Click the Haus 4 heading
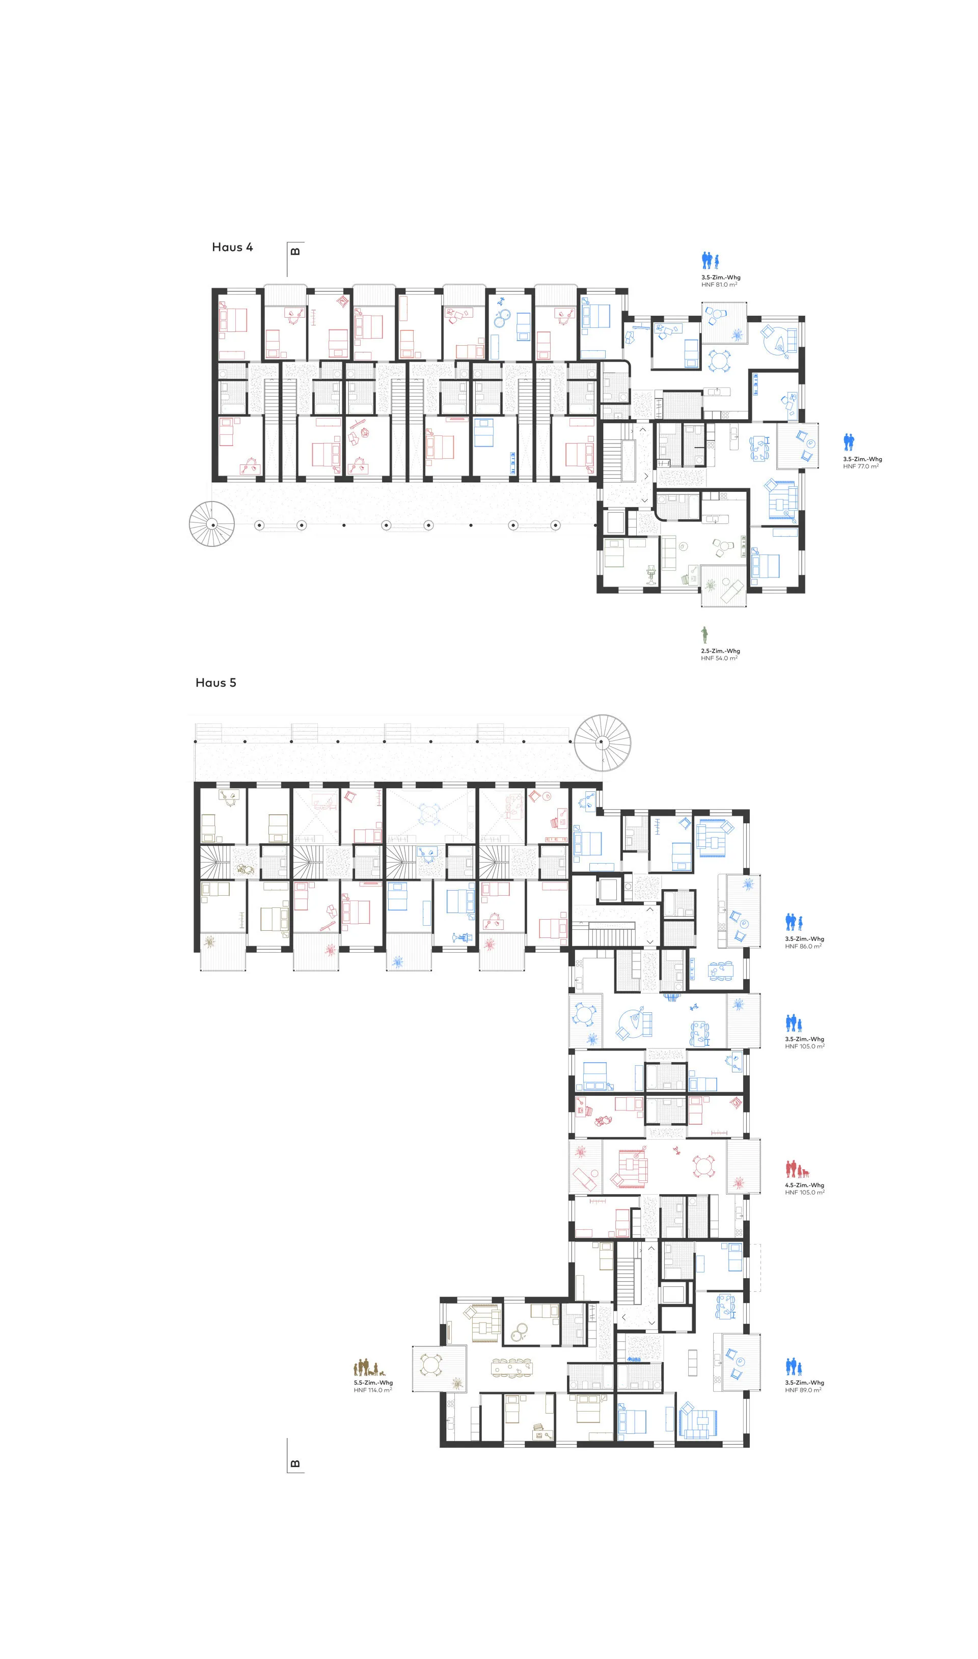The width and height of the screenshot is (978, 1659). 232,247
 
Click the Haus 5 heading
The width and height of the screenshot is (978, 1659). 215,682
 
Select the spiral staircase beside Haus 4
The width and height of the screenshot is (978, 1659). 211,524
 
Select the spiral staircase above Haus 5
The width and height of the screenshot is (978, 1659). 602,742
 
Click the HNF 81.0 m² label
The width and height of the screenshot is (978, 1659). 719,285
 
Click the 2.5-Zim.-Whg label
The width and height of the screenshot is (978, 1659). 720,651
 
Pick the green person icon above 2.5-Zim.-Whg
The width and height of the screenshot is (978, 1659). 705,635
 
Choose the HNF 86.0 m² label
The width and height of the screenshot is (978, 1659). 803,947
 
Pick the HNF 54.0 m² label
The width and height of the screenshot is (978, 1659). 719,658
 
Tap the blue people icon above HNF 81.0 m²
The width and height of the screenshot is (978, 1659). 710,261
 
